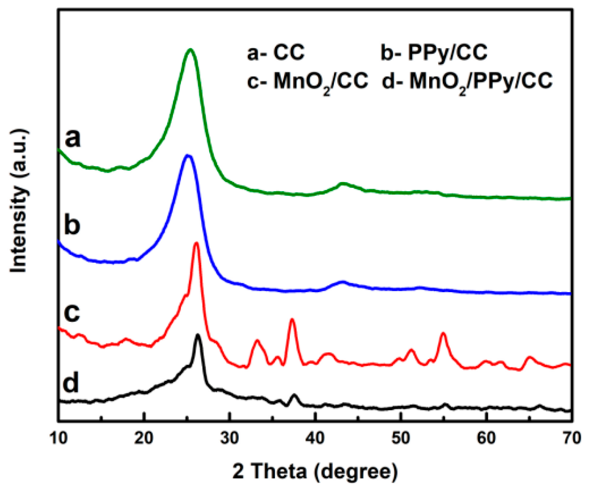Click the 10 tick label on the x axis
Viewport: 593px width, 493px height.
pos(59,439)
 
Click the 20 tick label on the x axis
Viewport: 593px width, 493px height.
pos(144,439)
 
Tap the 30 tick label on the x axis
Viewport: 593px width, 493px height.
pos(230,439)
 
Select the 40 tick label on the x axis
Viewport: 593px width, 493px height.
pos(315,439)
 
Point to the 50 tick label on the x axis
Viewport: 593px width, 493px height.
pos(401,439)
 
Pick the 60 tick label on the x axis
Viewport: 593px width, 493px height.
pos(487,439)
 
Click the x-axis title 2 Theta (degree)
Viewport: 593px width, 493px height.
pos(315,471)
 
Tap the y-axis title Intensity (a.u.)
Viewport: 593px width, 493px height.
pos(19,201)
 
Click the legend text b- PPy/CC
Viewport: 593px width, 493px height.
pos(434,53)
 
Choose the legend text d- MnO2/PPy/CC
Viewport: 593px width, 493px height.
pos(467,81)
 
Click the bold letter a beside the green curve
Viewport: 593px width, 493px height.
pos(72,138)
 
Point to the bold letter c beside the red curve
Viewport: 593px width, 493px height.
pos(72,313)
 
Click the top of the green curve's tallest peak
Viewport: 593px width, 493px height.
pos(190,49)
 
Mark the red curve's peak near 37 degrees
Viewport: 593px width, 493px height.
pos(292,319)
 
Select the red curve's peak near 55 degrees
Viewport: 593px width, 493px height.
pos(443,333)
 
